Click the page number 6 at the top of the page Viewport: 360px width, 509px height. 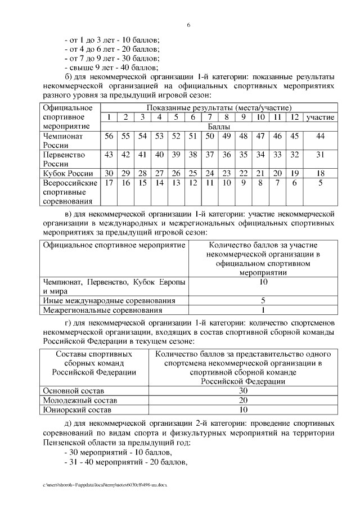[189, 25]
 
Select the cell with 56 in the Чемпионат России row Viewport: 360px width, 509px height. [109, 137]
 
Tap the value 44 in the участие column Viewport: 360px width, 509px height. [320, 137]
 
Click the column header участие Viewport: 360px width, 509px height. [320, 117]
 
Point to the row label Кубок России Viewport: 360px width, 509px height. [68, 173]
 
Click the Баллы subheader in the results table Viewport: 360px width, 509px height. [219, 127]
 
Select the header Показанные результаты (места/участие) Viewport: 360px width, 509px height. [219, 107]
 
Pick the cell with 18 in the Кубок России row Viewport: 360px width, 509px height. [320, 173]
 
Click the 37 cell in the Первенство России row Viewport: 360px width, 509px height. [210, 155]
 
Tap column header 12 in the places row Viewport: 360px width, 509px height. [294, 117]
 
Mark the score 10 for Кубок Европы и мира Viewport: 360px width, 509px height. [263, 282]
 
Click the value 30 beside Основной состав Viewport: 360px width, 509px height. [243, 390]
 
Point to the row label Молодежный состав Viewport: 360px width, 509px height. [80, 400]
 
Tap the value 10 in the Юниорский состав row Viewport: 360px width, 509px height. [243, 409]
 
